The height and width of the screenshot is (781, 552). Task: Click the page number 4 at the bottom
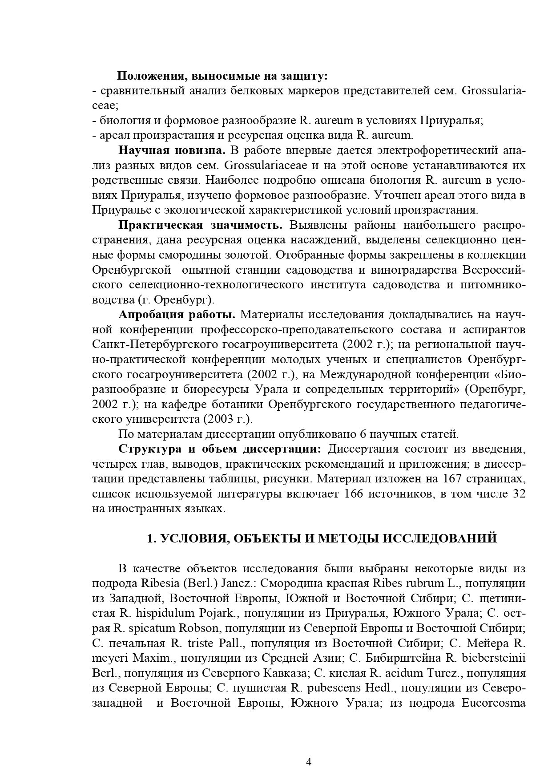(309, 761)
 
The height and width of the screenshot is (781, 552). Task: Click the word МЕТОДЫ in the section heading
(343, 538)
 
